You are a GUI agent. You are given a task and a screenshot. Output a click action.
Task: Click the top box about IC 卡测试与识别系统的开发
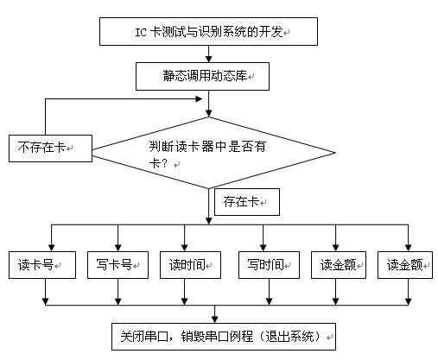(x=208, y=31)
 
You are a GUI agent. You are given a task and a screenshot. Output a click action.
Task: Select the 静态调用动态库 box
(x=202, y=76)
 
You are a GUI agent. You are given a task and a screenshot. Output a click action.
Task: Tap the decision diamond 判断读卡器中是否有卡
(x=213, y=153)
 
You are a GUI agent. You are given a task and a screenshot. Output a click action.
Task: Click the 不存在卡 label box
(x=50, y=148)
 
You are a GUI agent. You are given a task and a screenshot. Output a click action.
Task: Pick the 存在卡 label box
(x=247, y=202)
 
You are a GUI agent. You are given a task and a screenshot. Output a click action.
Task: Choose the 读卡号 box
(x=42, y=265)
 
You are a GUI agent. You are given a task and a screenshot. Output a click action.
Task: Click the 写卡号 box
(x=117, y=265)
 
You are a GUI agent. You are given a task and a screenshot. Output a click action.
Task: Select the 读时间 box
(x=190, y=265)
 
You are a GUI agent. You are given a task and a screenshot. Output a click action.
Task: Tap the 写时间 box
(x=269, y=265)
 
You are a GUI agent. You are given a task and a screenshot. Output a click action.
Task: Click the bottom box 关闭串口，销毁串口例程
(x=224, y=337)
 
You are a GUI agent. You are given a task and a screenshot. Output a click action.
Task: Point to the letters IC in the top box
(x=141, y=32)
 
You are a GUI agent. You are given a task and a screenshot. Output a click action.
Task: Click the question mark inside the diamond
(x=164, y=164)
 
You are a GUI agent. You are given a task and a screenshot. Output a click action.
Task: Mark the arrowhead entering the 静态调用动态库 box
(x=209, y=59)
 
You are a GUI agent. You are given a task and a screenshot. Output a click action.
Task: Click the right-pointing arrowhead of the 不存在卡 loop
(x=199, y=99)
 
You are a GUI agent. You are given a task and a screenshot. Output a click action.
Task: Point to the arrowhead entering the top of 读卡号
(x=52, y=248)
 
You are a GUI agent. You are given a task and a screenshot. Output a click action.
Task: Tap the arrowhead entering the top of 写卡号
(x=118, y=248)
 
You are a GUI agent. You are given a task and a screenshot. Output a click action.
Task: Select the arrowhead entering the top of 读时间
(x=185, y=248)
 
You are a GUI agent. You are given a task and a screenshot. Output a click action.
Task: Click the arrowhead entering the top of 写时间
(x=263, y=248)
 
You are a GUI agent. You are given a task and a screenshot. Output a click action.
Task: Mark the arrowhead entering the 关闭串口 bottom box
(x=215, y=319)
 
